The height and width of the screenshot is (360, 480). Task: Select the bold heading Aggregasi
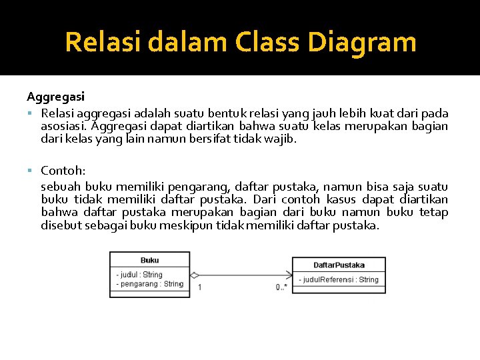tap(55, 97)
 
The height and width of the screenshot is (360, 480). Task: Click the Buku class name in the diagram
tap(150, 260)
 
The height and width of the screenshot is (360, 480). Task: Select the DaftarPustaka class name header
tap(339, 265)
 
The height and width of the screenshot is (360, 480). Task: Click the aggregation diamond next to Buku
tap(195, 275)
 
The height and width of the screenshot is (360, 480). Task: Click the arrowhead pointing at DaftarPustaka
tap(289, 275)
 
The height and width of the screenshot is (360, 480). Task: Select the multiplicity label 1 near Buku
tap(200, 287)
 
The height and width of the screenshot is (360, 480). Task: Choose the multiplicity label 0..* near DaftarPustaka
tap(281, 287)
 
